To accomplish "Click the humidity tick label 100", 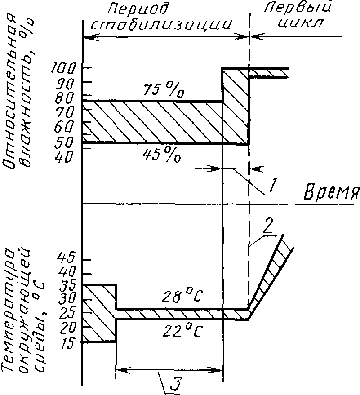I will click(66, 68).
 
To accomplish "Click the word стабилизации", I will click(162, 25).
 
